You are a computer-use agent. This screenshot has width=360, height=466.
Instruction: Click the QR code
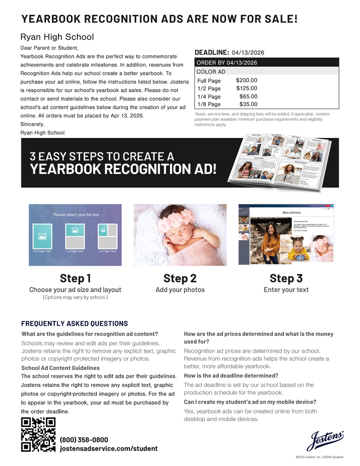[38, 435]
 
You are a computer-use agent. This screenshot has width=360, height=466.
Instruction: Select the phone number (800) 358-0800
[84, 440]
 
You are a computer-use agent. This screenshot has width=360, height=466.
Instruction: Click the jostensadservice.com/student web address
[109, 449]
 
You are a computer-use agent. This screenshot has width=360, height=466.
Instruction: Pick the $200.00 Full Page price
[246, 81]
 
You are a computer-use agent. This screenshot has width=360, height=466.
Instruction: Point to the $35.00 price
[248, 104]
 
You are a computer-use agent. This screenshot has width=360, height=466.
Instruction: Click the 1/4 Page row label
[209, 96]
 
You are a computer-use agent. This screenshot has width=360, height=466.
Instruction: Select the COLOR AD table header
[211, 71]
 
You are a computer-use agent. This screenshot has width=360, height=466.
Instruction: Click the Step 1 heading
[75, 278]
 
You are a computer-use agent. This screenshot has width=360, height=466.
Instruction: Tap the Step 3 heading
[286, 278]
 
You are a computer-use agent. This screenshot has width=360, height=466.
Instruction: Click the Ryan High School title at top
[57, 37]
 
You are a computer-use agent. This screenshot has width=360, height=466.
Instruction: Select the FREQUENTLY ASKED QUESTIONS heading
[75, 324]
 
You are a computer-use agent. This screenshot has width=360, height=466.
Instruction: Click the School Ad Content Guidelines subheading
[61, 368]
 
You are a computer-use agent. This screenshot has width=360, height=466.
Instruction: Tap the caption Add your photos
[180, 290]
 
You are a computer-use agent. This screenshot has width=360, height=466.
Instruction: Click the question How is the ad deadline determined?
[231, 376]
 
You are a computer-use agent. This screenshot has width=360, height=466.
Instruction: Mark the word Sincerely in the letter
[33, 124]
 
